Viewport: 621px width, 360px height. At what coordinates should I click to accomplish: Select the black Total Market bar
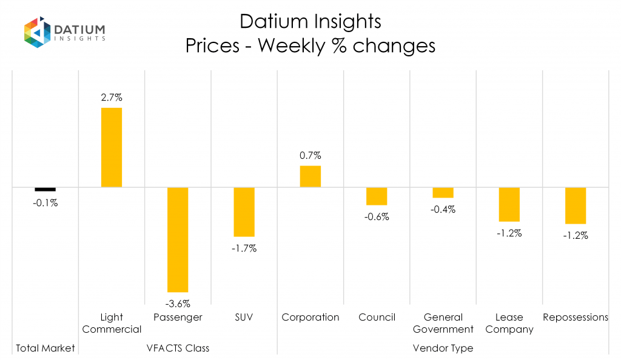(45, 189)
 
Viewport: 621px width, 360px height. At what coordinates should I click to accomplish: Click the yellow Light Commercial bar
(112, 147)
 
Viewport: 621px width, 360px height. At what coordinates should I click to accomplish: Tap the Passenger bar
(178, 239)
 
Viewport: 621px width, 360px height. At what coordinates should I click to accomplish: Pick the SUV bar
(244, 212)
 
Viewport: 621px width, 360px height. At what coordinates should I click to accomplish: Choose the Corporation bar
(310, 176)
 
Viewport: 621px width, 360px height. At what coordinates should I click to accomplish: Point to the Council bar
(377, 196)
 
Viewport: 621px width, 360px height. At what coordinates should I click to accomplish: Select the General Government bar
(443, 193)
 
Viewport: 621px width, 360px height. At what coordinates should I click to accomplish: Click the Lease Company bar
(509, 204)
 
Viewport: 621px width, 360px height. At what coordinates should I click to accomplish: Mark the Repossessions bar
(576, 205)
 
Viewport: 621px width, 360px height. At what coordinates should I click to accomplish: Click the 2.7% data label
(112, 97)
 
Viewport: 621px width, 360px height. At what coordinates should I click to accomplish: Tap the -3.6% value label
(178, 303)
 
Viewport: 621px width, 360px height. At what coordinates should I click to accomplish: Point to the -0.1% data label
(45, 203)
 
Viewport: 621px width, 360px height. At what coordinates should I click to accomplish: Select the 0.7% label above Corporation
(310, 155)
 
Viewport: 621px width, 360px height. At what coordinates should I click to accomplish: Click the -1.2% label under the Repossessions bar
(576, 236)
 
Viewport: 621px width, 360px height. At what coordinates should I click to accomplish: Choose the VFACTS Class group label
(178, 348)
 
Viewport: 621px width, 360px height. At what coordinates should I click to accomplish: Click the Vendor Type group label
(443, 348)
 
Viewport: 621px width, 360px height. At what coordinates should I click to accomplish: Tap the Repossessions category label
(576, 317)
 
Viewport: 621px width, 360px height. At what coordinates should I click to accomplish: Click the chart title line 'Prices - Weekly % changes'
(310, 46)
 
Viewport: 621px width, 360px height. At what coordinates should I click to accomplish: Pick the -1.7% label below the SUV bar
(244, 248)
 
